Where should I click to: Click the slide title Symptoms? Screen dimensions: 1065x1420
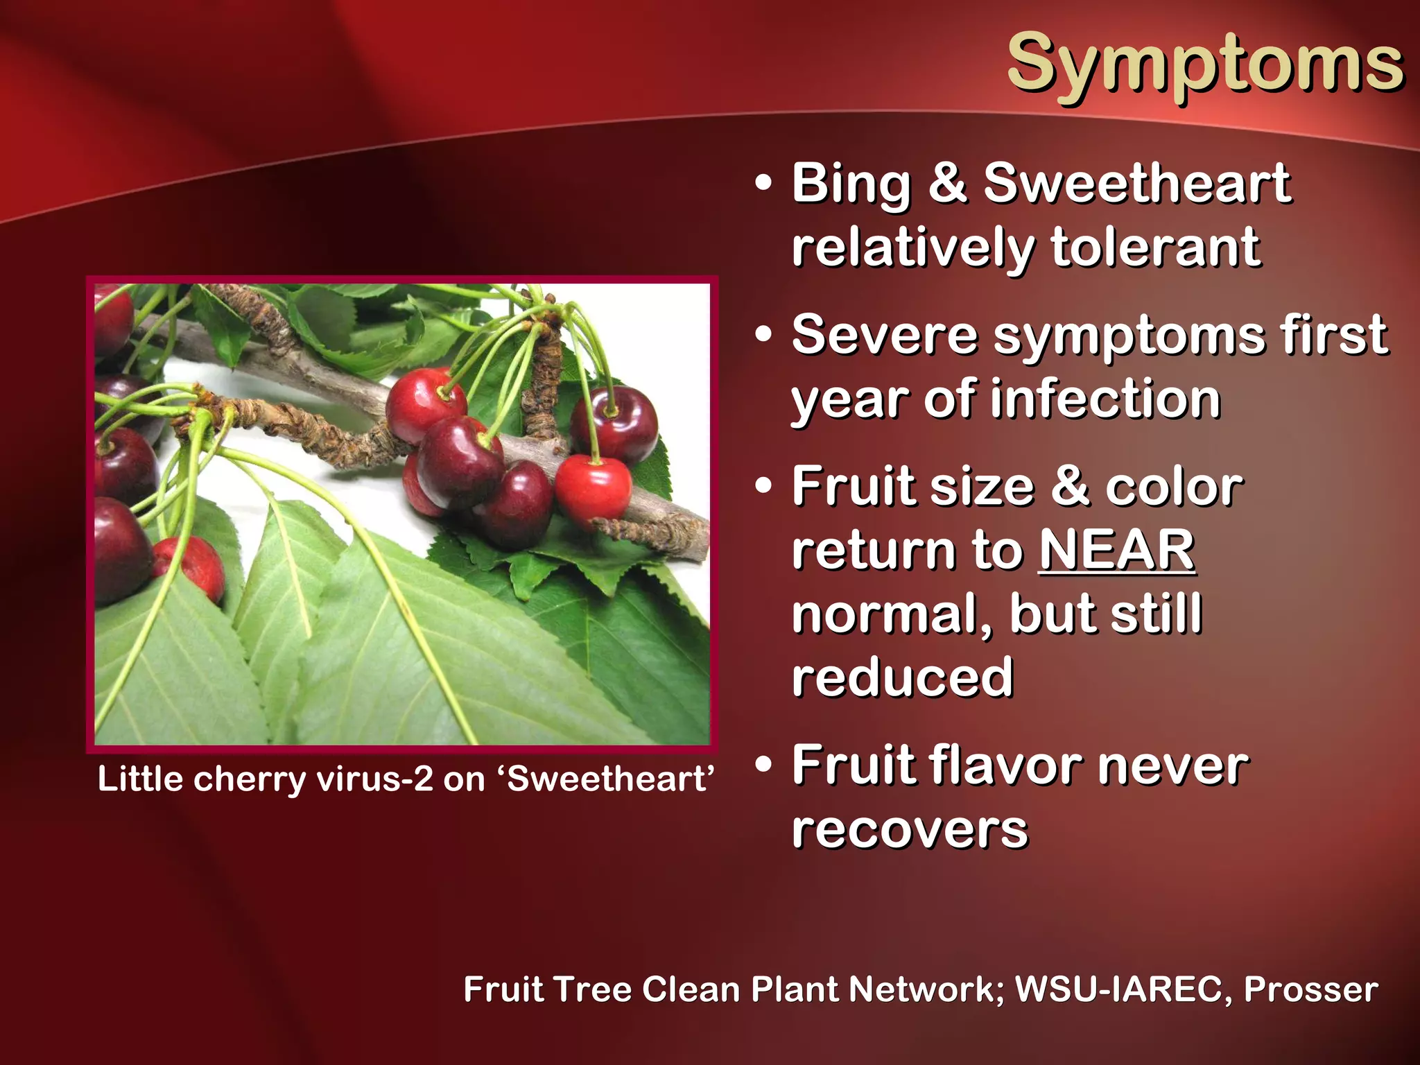(x=1205, y=64)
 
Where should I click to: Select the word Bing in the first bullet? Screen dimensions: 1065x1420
(x=851, y=184)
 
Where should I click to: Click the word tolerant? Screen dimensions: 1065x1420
(x=1155, y=247)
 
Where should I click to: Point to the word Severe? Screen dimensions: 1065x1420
(x=885, y=335)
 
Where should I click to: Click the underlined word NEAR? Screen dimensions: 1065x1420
(x=1117, y=551)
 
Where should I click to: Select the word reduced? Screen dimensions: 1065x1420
(x=903, y=678)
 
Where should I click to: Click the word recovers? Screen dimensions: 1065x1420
(x=910, y=830)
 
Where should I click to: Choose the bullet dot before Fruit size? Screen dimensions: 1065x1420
(x=763, y=485)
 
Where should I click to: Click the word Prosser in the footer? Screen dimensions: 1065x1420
(x=1310, y=989)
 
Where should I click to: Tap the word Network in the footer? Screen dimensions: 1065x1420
(x=926, y=989)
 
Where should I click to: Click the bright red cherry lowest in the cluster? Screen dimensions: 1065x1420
(x=593, y=487)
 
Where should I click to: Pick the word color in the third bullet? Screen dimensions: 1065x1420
(x=1174, y=487)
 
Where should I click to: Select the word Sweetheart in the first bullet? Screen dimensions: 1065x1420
(x=1137, y=183)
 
